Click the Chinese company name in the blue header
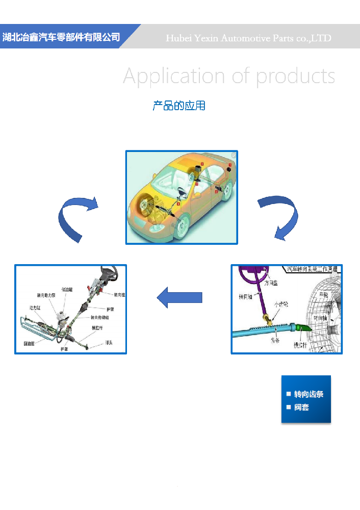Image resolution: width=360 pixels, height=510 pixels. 61,37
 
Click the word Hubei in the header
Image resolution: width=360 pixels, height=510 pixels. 178,38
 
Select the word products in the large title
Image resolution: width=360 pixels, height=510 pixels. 295,76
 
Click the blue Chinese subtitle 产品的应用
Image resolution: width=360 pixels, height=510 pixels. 179,106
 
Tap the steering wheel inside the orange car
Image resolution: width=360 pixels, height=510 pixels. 181,193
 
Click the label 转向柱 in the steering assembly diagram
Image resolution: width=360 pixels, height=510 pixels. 119,295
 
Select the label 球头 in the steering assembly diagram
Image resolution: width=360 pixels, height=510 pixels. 109,342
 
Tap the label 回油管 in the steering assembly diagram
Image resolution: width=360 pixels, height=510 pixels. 29,343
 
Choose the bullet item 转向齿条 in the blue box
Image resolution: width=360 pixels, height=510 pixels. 308,394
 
